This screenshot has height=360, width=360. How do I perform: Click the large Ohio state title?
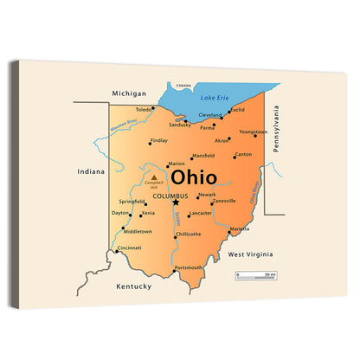tap(194, 178)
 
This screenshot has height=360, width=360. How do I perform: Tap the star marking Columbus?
tap(175, 203)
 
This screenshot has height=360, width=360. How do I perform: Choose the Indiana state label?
tap(90, 171)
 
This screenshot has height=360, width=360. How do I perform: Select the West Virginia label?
tap(250, 254)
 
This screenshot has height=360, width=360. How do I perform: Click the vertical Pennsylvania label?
tap(276, 129)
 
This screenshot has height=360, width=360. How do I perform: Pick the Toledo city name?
tap(144, 110)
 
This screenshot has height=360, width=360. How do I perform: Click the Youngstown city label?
tap(254, 132)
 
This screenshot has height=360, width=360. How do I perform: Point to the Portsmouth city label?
tap(188, 267)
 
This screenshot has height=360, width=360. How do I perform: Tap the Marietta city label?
tap(240, 229)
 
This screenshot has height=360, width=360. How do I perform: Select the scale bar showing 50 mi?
tap(256, 275)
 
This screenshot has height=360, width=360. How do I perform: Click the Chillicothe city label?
tap(188, 234)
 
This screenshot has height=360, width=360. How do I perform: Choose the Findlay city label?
tap(159, 140)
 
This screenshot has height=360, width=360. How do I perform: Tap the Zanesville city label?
tap(224, 201)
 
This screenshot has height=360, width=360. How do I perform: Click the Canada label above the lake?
tap(183, 86)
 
